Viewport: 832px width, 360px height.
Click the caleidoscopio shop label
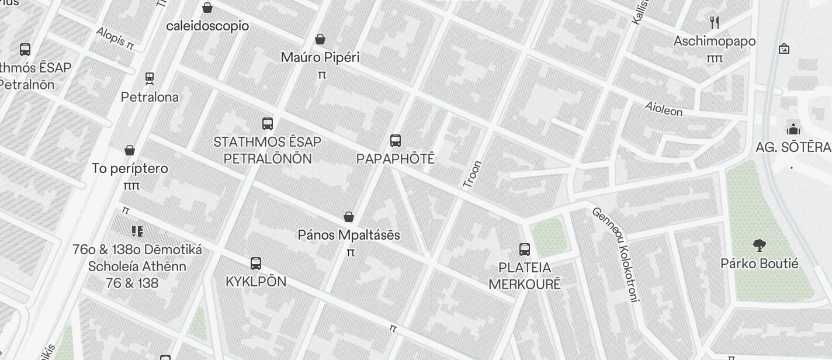click(x=207, y=26)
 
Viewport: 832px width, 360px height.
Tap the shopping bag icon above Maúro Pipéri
click(x=320, y=40)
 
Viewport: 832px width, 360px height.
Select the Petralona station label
click(x=150, y=97)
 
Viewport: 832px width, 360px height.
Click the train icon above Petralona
click(x=150, y=78)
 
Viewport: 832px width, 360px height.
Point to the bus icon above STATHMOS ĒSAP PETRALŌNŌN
click(x=268, y=124)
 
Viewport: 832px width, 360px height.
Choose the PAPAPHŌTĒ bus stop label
click(x=396, y=159)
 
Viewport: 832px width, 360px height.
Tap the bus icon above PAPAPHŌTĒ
click(x=396, y=141)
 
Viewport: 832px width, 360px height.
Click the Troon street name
click(x=472, y=174)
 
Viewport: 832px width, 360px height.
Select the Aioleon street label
click(x=664, y=108)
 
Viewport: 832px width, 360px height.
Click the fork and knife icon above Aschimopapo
click(x=715, y=23)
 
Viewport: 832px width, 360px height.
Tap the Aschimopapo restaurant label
click(x=715, y=41)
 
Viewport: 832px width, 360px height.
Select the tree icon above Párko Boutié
click(x=760, y=245)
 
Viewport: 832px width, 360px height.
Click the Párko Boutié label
click(x=760, y=264)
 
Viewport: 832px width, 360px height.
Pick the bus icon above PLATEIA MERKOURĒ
click(x=525, y=250)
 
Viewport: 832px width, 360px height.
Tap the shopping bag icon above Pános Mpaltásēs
click(x=349, y=217)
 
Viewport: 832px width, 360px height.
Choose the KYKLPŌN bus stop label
click(x=256, y=281)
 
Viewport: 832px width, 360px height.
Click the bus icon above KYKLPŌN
click(x=256, y=264)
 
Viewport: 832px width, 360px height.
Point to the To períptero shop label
click(x=130, y=168)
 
